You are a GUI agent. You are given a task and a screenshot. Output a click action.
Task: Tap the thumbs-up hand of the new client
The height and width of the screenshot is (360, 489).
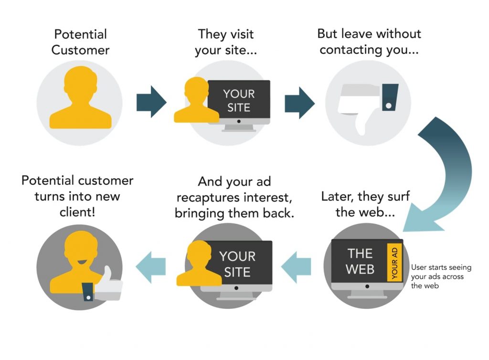[108, 284]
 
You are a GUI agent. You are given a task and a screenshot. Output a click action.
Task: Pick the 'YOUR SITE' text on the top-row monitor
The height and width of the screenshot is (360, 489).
[239, 101]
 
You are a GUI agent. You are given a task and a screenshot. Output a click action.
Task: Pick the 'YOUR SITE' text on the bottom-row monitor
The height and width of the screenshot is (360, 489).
[237, 264]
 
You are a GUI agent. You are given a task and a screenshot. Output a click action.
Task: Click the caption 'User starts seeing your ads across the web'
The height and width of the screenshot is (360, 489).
[437, 276]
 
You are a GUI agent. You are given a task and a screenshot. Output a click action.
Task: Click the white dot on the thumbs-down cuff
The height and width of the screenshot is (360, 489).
[389, 105]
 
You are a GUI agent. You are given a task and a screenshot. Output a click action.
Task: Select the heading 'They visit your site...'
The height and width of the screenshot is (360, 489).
[226, 42]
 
